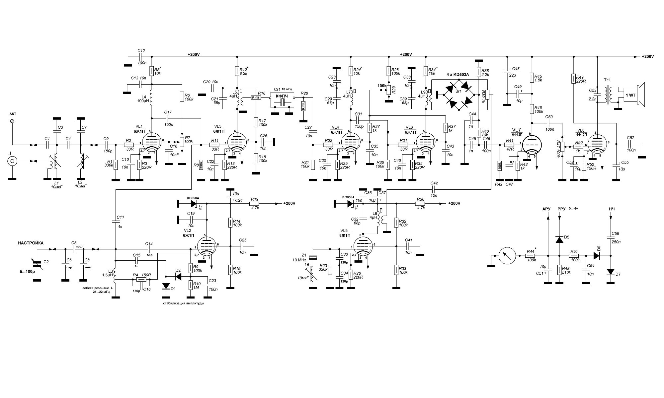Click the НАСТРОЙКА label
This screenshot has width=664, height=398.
tap(31, 243)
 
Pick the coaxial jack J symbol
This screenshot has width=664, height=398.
tap(13, 162)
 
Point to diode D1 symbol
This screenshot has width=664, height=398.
tap(166, 286)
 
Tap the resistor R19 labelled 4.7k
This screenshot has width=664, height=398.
tap(255, 204)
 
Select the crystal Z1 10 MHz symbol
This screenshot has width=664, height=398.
tap(312, 257)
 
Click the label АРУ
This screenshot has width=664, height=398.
tap(546, 209)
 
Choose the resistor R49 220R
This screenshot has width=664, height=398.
tap(573, 79)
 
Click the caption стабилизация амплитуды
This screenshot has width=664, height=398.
tap(183, 303)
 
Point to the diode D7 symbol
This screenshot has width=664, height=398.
tap(611, 272)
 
